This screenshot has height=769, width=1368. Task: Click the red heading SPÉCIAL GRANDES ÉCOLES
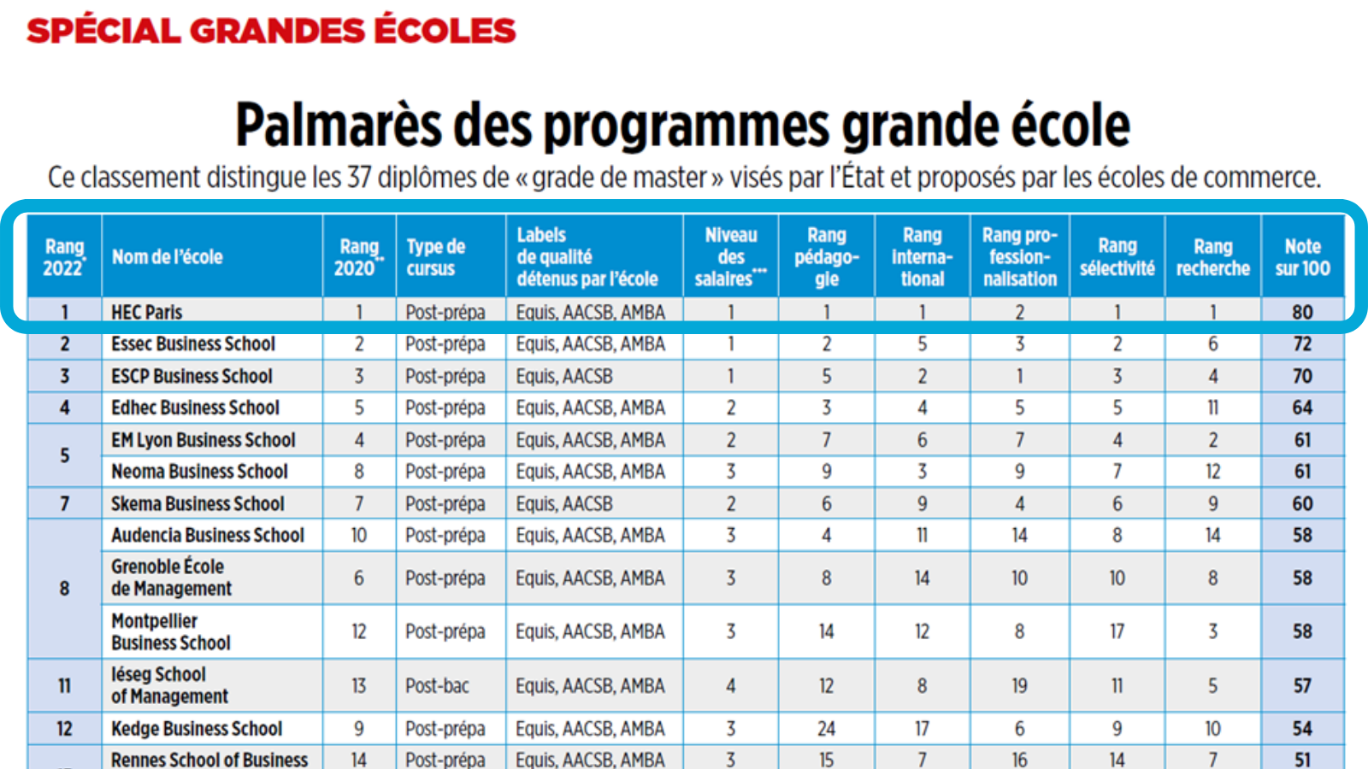point(271,31)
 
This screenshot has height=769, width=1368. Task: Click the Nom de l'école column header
point(168,256)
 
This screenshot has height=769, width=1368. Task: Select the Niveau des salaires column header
point(731,256)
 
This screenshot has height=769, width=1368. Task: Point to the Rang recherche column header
point(1212,256)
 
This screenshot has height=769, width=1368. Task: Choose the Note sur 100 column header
point(1302,256)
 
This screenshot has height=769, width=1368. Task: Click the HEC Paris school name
point(147,313)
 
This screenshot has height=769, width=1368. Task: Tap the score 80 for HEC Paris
point(1302,313)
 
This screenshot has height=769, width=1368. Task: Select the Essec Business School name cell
point(193,344)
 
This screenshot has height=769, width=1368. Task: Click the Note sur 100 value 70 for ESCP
point(1302,376)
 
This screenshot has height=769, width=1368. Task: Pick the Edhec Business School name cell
point(196,408)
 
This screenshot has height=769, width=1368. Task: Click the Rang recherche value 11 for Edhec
point(1212,408)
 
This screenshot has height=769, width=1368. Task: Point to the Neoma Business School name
point(200,472)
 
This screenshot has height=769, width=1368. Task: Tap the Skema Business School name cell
point(198,504)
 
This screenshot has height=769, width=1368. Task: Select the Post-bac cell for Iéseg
point(438,685)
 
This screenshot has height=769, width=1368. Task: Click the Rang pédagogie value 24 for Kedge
point(826,729)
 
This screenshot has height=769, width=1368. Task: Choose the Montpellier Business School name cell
point(171,631)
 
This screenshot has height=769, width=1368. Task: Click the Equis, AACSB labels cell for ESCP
point(564,376)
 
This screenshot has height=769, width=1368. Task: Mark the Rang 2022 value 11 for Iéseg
point(64,685)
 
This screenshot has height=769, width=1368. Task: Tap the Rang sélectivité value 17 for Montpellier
point(1117,631)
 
